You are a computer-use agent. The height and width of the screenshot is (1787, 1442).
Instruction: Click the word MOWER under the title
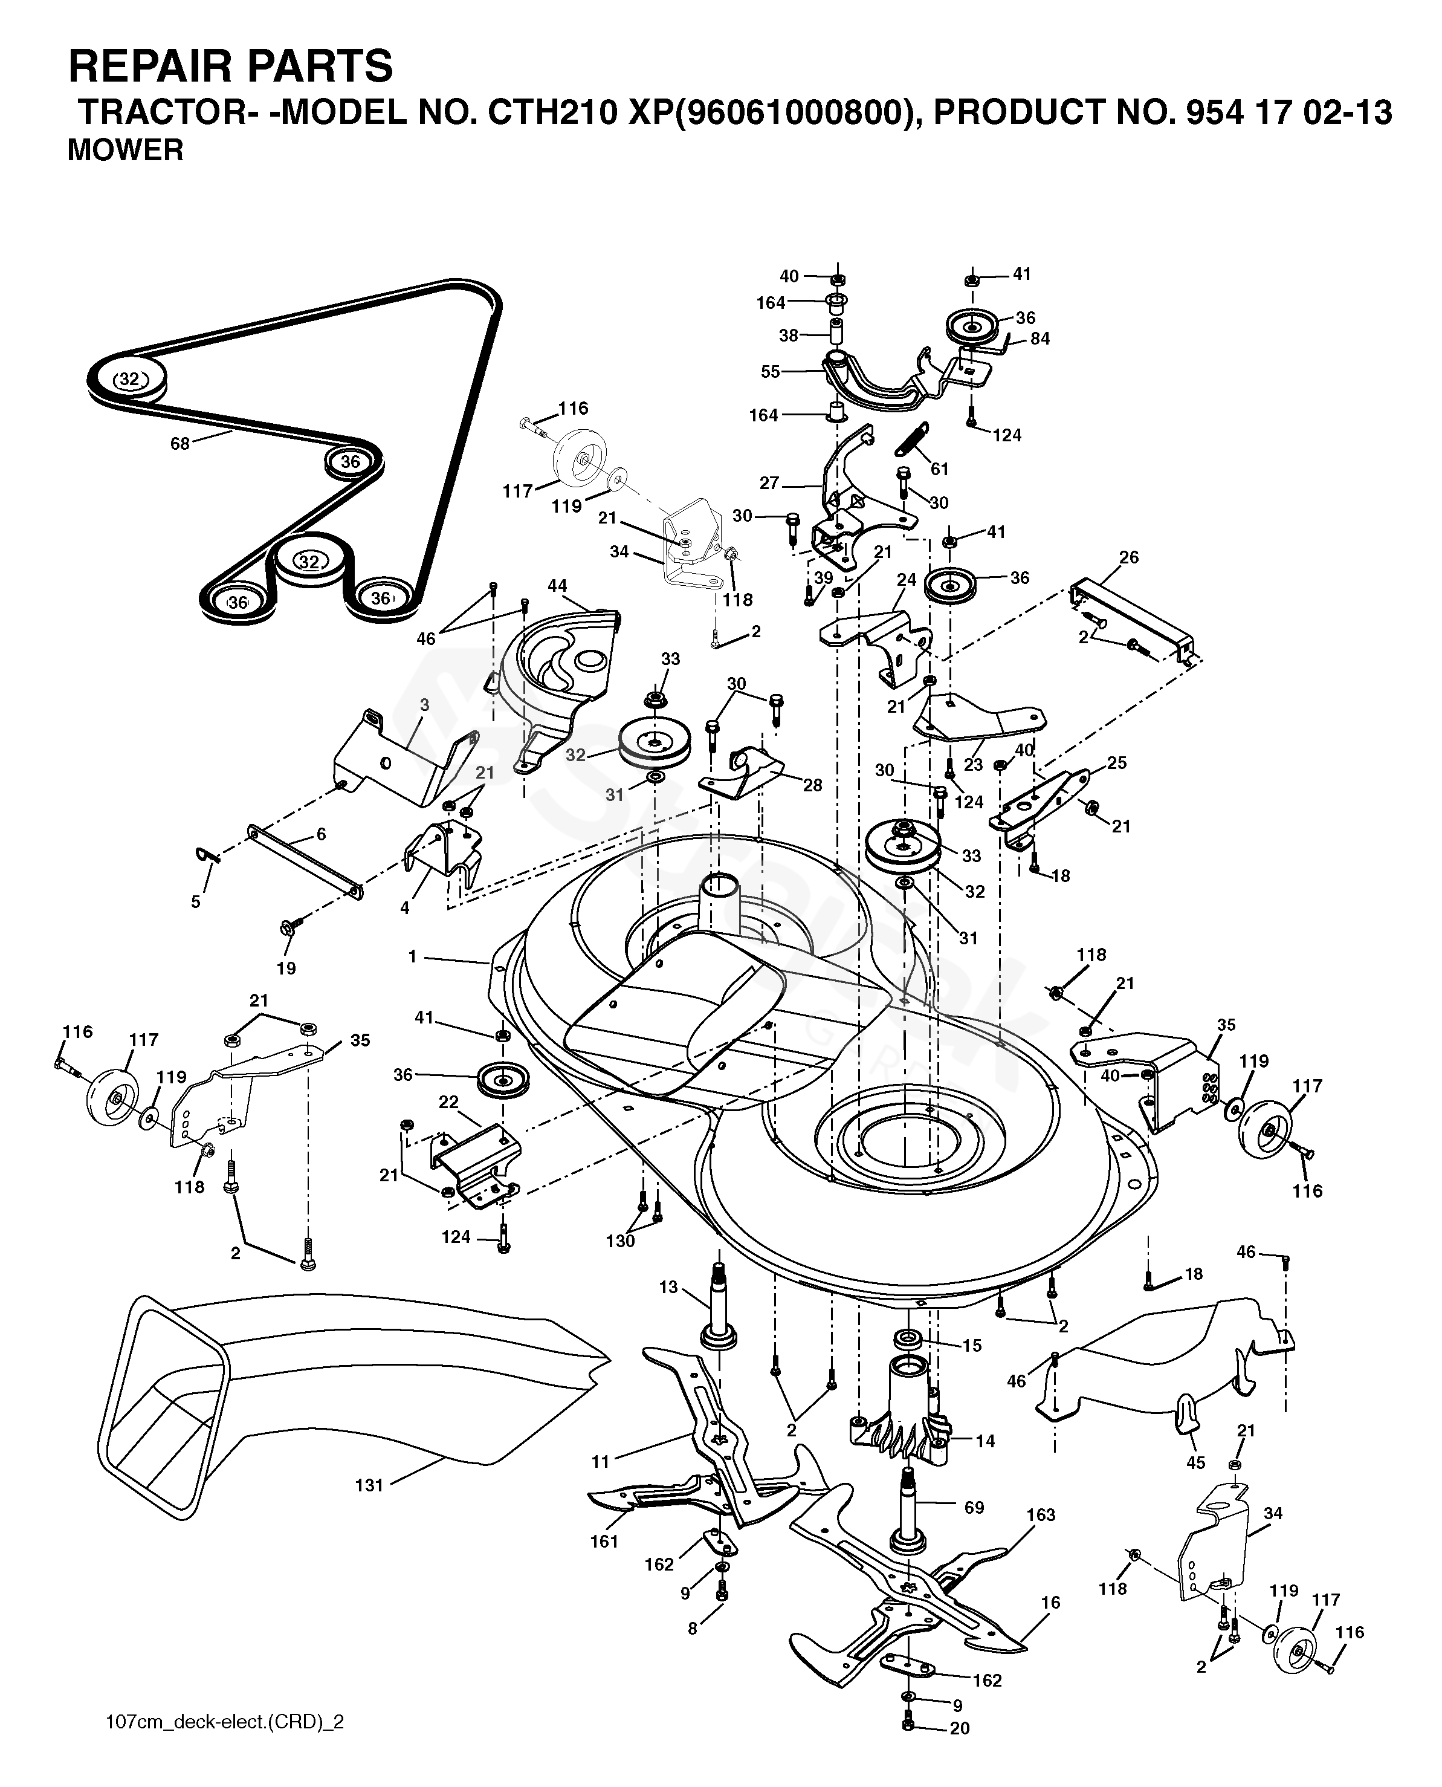(x=126, y=151)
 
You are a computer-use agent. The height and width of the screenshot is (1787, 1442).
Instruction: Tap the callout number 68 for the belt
(x=180, y=444)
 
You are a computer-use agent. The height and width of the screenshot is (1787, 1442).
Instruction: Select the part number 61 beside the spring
(x=939, y=469)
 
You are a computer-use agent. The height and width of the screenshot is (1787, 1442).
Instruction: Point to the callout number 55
(x=771, y=371)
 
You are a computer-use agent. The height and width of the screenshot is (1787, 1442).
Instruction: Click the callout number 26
(x=1130, y=557)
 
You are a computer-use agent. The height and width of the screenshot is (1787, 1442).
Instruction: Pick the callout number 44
(x=557, y=586)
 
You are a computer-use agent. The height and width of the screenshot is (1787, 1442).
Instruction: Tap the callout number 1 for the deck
(x=412, y=957)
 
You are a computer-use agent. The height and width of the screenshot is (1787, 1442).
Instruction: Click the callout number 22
(x=448, y=1103)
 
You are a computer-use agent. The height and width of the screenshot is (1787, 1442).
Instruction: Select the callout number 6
(x=322, y=835)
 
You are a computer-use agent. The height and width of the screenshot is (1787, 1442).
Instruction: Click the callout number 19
(x=286, y=968)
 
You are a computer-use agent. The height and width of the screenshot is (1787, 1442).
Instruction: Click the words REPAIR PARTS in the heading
(x=230, y=66)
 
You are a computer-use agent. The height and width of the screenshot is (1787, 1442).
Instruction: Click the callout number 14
(x=985, y=1441)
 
